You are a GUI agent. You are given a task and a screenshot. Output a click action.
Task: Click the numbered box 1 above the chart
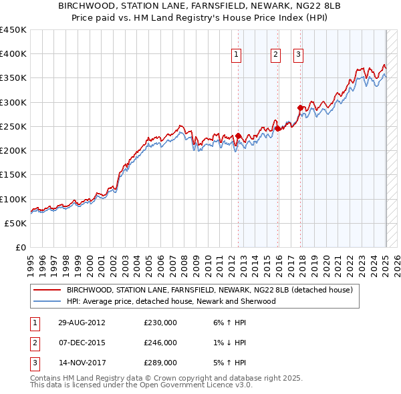237,55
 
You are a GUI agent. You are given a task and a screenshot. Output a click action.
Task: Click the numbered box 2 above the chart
275,55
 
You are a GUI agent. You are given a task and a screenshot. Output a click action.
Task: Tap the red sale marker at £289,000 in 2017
301,108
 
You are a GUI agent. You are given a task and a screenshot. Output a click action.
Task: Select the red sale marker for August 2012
238,136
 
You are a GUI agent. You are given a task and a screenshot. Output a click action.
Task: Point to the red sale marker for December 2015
277,128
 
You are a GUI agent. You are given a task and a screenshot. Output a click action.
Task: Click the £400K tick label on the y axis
13,54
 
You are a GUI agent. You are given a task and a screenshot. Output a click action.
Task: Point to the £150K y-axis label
13,175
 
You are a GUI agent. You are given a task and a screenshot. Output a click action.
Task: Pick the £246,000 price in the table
160,343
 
